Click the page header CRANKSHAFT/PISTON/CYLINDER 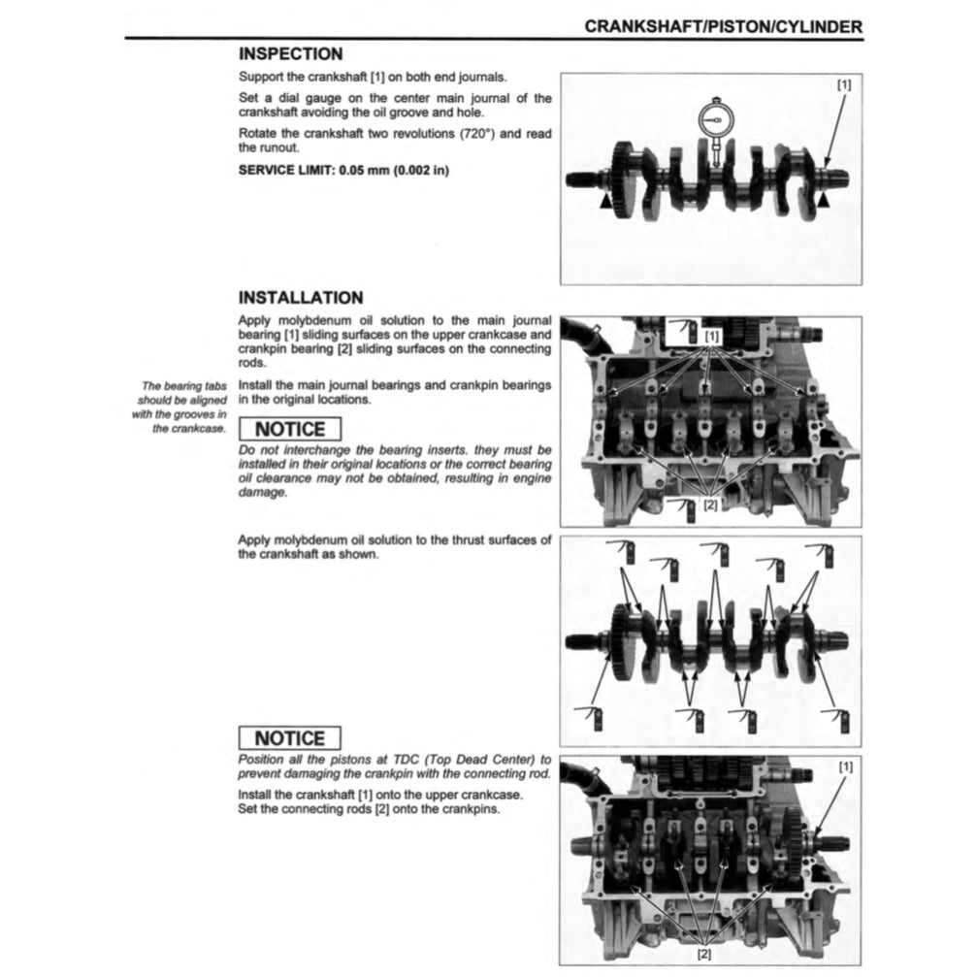pyautogui.click(x=723, y=27)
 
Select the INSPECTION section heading pyautogui.click(x=290, y=55)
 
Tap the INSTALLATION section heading pyautogui.click(x=301, y=298)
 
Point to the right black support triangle pyautogui.click(x=824, y=199)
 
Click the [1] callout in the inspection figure pyautogui.click(x=843, y=84)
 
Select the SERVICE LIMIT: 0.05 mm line pyautogui.click(x=343, y=170)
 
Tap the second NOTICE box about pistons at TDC pyautogui.click(x=289, y=739)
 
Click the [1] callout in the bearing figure pyautogui.click(x=713, y=336)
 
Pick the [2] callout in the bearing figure pyautogui.click(x=710, y=505)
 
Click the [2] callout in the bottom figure pyautogui.click(x=704, y=954)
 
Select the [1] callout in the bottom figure pyautogui.click(x=845, y=766)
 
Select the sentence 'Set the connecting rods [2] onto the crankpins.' pyautogui.click(x=369, y=808)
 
